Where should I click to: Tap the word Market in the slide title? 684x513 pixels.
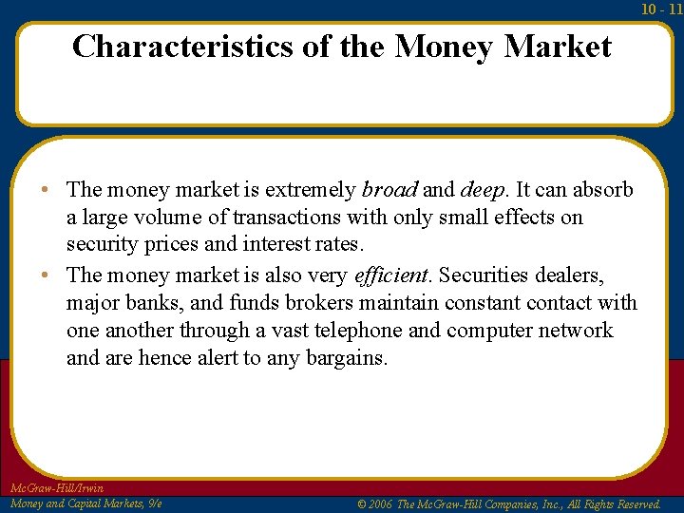coord(558,47)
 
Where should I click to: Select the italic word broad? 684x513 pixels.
coord(389,190)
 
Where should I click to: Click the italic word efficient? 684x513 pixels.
coord(391,275)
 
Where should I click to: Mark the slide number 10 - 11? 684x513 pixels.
coord(661,9)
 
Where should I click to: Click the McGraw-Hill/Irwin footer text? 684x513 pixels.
coord(56,488)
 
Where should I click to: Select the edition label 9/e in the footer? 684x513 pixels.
coord(154,503)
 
